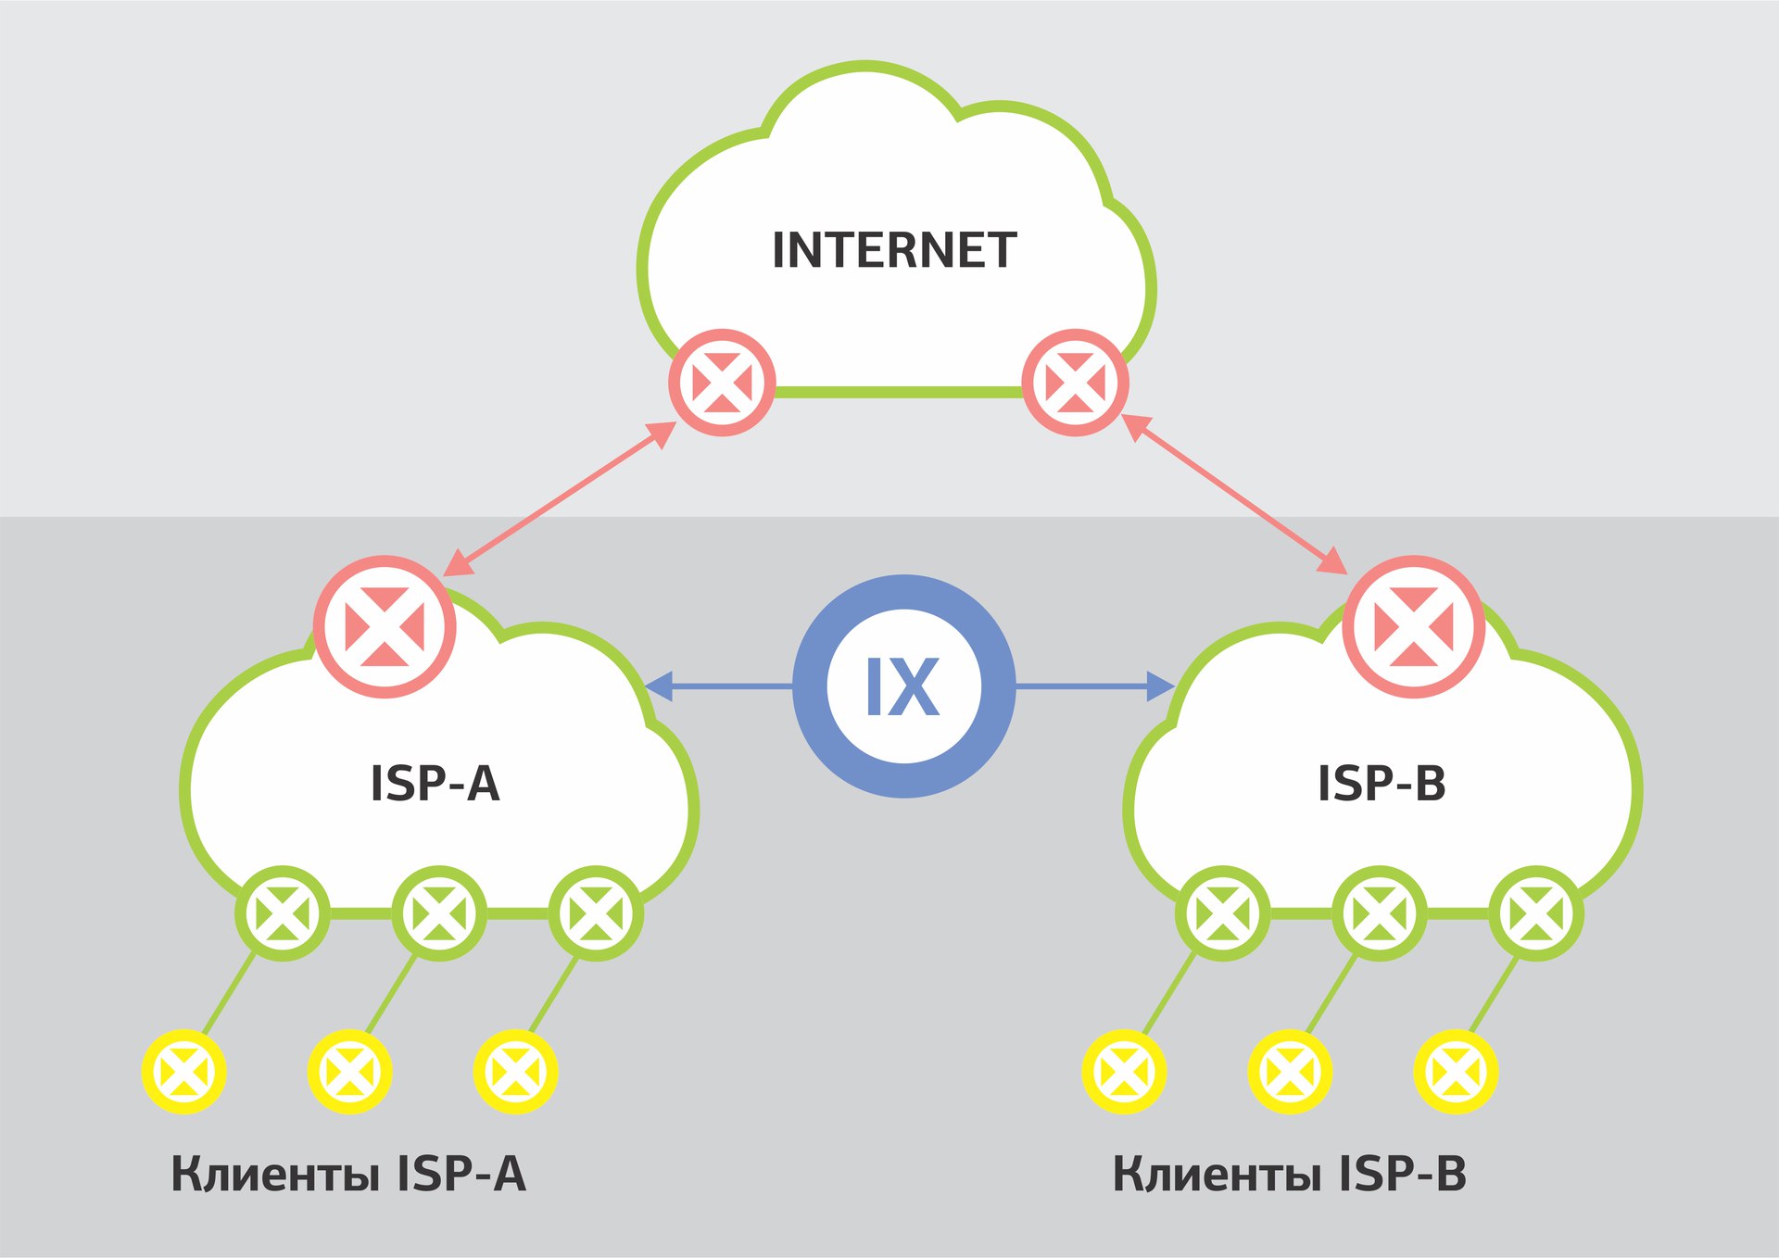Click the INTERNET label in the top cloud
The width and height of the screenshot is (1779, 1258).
894,251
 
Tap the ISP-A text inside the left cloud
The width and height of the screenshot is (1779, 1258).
435,784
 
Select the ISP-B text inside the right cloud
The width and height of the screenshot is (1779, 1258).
1382,784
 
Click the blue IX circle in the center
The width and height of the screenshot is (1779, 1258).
903,686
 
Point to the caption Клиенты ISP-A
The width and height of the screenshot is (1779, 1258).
348,1174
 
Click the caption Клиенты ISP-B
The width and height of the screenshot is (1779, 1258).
1289,1174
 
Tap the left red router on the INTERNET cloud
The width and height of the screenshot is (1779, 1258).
722,383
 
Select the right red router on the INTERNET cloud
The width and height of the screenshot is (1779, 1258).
1075,383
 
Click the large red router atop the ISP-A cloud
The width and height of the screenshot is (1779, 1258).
385,626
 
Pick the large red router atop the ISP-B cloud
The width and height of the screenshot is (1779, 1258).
1413,626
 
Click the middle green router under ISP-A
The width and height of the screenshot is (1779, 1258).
439,913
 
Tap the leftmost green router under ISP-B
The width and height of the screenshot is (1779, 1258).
1222,913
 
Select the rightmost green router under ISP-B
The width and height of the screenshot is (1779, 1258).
1535,913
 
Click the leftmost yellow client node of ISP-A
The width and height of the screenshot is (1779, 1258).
184,1072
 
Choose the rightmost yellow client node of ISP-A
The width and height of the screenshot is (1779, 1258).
515,1072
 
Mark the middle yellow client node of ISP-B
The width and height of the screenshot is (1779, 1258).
1290,1072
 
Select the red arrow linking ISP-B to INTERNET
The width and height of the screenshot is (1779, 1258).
1233,494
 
